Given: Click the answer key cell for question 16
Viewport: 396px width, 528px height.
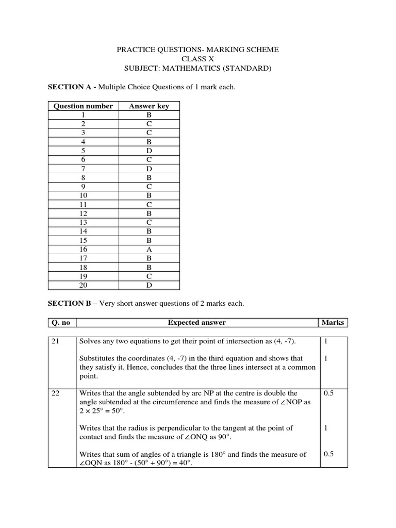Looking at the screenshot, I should (x=149, y=249).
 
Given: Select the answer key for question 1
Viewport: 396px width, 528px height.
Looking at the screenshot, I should (x=149, y=115).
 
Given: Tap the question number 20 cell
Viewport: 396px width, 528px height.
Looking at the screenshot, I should (x=83, y=285).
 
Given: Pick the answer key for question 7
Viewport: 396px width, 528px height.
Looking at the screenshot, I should (x=149, y=169).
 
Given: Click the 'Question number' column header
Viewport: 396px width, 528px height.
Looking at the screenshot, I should (x=83, y=106).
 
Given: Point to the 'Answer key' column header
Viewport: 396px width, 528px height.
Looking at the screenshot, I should (x=149, y=106).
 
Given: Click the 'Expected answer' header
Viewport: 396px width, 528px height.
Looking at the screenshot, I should (x=196, y=323).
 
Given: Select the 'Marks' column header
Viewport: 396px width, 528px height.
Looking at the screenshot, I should (x=333, y=323).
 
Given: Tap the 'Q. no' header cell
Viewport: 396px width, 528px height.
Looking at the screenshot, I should (x=61, y=323).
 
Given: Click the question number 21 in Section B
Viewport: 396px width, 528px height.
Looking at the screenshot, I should (x=56, y=341).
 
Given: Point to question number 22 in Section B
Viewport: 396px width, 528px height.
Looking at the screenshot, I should (x=56, y=393).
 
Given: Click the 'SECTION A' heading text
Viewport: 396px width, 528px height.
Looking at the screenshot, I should (x=69, y=87).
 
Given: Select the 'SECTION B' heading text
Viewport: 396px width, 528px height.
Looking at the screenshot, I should (x=69, y=304).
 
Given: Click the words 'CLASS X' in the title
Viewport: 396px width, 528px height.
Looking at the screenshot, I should (x=197, y=59).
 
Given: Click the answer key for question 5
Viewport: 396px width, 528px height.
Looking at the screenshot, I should (x=149, y=151).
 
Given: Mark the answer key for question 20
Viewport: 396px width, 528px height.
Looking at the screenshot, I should (x=149, y=285).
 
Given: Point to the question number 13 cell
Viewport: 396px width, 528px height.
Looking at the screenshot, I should (x=83, y=222).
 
